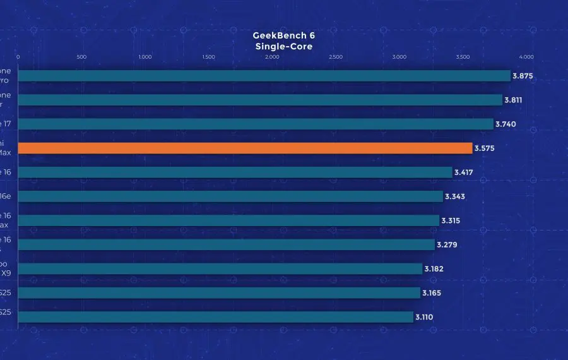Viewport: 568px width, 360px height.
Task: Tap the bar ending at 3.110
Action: pyautogui.click(x=216, y=317)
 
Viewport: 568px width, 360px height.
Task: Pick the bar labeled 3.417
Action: pyautogui.click(x=235, y=172)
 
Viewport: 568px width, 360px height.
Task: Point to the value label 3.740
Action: pyautogui.click(x=506, y=124)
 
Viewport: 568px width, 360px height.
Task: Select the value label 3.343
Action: pyautogui.click(x=455, y=196)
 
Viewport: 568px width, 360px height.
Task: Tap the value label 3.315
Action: pyautogui.click(x=451, y=220)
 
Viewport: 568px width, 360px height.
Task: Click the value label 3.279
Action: pyautogui.click(x=447, y=244)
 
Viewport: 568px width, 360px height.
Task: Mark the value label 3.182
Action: pyautogui.click(x=434, y=268)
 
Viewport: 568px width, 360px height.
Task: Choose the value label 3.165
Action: pyautogui.click(x=432, y=293)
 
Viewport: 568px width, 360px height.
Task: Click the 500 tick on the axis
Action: pyautogui.click(x=81, y=57)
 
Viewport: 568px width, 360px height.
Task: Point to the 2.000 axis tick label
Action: pyautogui.click(x=272, y=57)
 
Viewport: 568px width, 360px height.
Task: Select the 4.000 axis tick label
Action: pyautogui.click(x=526, y=57)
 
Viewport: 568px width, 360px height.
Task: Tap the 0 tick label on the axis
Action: pyautogui.click(x=18, y=57)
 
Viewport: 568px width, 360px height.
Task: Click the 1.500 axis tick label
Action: pyautogui.click(x=208, y=57)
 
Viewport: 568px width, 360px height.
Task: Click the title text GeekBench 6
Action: pyautogui.click(x=283, y=35)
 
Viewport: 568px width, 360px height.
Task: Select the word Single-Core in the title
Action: pyautogui.click(x=283, y=46)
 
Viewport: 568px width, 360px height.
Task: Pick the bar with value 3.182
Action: pyautogui.click(x=220, y=269)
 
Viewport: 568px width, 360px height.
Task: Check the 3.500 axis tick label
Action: pyautogui.click(x=463, y=57)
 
